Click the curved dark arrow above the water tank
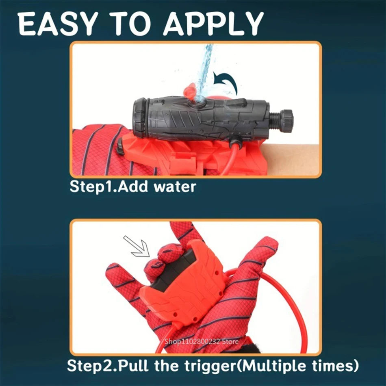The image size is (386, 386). pos(226,81)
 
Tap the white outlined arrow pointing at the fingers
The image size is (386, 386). pos(136,247)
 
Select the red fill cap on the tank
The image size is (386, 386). pos(190,91)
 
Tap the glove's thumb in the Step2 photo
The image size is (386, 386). pos(122,284)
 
